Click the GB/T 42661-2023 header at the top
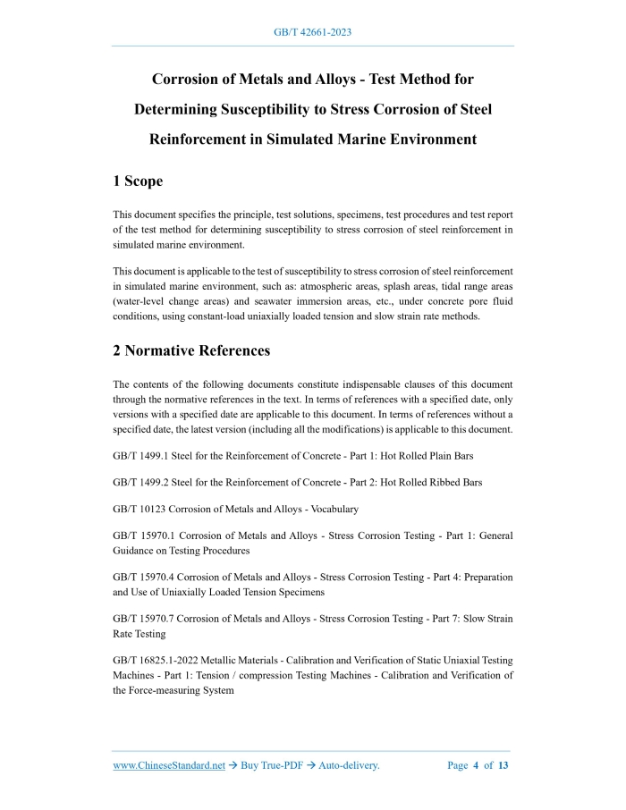(x=312, y=32)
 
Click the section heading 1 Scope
(x=138, y=181)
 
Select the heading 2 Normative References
(x=191, y=350)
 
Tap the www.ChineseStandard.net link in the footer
(x=169, y=765)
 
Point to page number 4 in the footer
(x=477, y=765)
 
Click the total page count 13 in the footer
(x=503, y=765)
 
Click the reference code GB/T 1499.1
(x=140, y=456)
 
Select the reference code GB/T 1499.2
(x=140, y=483)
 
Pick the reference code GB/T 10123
(x=138, y=509)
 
